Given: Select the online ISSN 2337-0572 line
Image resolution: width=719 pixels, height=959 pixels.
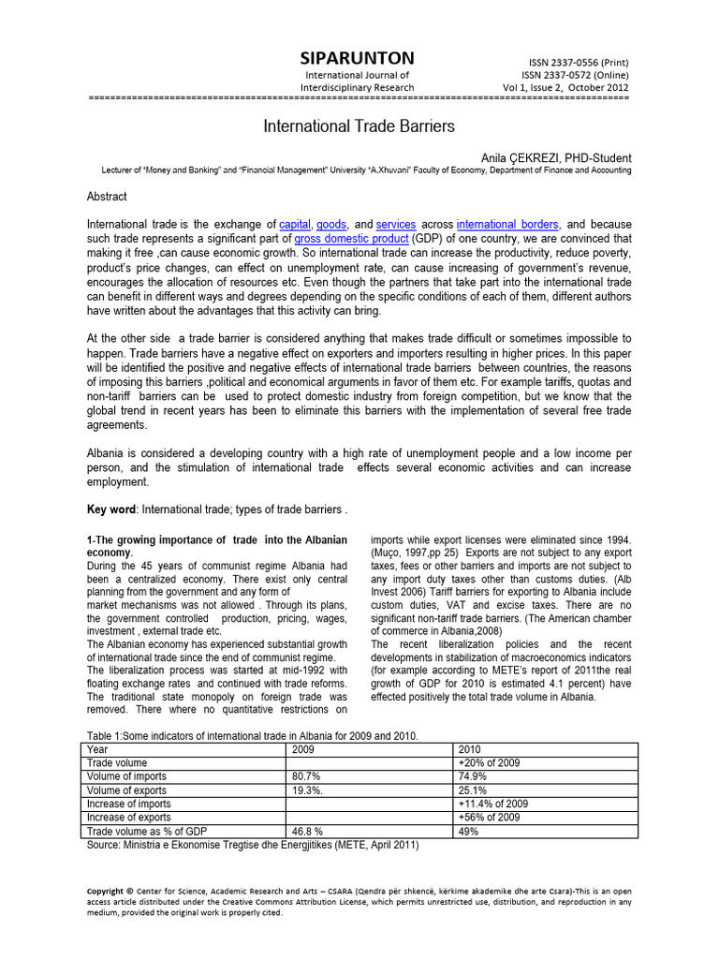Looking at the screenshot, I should pyautogui.click(x=575, y=75).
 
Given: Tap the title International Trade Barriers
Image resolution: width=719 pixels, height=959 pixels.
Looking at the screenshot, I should pyautogui.click(x=359, y=125).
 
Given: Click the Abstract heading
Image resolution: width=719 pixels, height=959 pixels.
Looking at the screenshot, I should pyautogui.click(x=107, y=197).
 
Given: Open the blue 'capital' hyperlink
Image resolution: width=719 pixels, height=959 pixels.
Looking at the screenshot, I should pyautogui.click(x=295, y=225).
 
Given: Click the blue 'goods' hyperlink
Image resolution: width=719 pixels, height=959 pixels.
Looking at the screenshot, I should pyautogui.click(x=331, y=225).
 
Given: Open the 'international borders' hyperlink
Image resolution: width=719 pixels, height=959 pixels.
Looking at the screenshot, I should pyautogui.click(x=507, y=225).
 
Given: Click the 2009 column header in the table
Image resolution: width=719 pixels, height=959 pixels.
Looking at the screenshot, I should pyautogui.click(x=304, y=749).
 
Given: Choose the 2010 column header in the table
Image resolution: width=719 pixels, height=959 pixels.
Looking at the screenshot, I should pyautogui.click(x=471, y=749).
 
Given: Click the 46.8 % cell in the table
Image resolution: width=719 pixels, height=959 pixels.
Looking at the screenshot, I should pyautogui.click(x=308, y=831).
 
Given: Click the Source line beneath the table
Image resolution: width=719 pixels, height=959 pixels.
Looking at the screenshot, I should pyautogui.click(x=253, y=844).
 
